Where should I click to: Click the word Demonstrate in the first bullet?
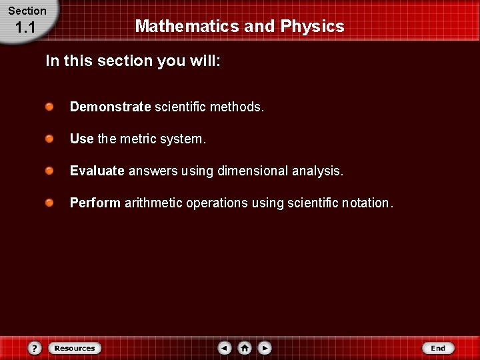click(110, 107)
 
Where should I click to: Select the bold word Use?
click(81, 139)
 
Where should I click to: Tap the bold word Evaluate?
click(97, 171)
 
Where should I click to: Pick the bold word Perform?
click(95, 203)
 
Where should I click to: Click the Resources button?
click(74, 348)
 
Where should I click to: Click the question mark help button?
click(35, 348)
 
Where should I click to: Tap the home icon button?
click(245, 348)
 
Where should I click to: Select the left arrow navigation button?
click(225, 348)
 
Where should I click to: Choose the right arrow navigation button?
click(265, 348)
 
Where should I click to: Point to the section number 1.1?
click(25, 28)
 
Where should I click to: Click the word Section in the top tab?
click(27, 11)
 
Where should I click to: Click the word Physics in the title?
click(312, 27)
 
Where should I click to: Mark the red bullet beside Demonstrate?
click(50, 107)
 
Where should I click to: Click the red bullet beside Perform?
click(50, 203)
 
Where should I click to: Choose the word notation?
click(366, 203)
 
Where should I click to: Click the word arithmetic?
click(153, 203)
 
